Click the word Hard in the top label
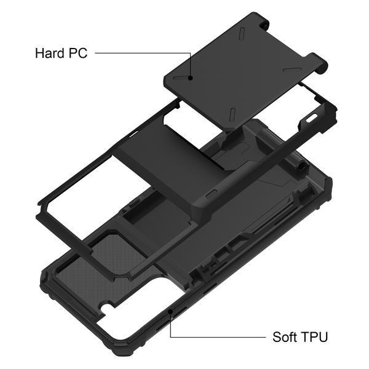(50, 53)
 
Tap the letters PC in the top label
(78, 53)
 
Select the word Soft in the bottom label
(284, 337)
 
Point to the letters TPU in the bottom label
(314, 337)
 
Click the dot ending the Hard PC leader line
(191, 77)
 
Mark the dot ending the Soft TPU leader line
(170, 312)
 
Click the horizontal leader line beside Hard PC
(143, 53)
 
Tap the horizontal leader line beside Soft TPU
(218, 337)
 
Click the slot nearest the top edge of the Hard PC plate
(243, 33)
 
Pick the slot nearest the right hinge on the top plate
(292, 69)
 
